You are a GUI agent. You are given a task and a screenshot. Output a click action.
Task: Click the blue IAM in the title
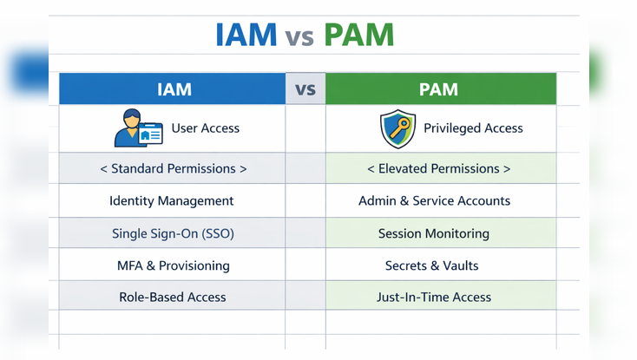click(246, 35)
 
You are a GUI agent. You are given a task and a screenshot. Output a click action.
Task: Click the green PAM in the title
click(358, 35)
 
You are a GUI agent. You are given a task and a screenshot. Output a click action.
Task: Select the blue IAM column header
click(173, 89)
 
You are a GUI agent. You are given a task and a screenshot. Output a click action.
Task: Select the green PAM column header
click(440, 89)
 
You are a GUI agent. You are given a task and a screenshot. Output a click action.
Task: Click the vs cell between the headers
click(305, 89)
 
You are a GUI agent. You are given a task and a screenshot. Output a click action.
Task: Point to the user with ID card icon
click(138, 128)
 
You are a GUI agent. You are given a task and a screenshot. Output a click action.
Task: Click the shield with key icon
click(397, 129)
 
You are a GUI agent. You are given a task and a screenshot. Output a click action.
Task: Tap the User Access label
click(205, 128)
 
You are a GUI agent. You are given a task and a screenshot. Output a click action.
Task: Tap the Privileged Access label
click(473, 128)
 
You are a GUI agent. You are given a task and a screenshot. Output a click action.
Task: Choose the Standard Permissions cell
click(173, 168)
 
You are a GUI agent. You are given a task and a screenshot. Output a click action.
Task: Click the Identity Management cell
click(172, 200)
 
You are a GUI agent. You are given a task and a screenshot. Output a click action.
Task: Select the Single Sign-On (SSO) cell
click(173, 233)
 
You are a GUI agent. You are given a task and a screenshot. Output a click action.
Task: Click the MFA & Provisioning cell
click(173, 265)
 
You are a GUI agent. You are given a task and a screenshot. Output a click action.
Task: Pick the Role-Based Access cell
click(172, 297)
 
